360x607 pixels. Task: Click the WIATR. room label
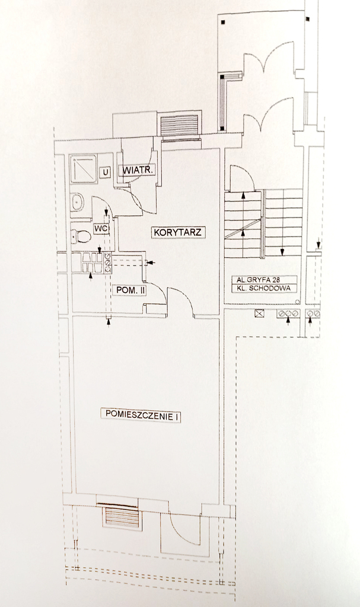[x=139, y=171]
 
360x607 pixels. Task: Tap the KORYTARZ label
[x=179, y=232]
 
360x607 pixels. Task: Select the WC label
[x=100, y=229]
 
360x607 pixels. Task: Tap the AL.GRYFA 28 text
[x=259, y=279]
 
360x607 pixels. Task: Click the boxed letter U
[x=106, y=172]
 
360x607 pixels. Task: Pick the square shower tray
[x=83, y=169]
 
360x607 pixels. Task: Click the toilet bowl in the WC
[x=81, y=237]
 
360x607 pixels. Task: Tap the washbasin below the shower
[x=77, y=203]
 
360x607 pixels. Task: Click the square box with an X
[x=259, y=314]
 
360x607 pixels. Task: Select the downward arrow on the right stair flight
[x=283, y=249]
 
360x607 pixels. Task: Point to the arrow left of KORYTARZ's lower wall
[x=151, y=262]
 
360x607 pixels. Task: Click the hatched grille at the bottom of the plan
[x=122, y=517]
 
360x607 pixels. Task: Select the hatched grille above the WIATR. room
[x=179, y=126]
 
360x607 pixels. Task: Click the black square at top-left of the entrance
[x=222, y=22]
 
